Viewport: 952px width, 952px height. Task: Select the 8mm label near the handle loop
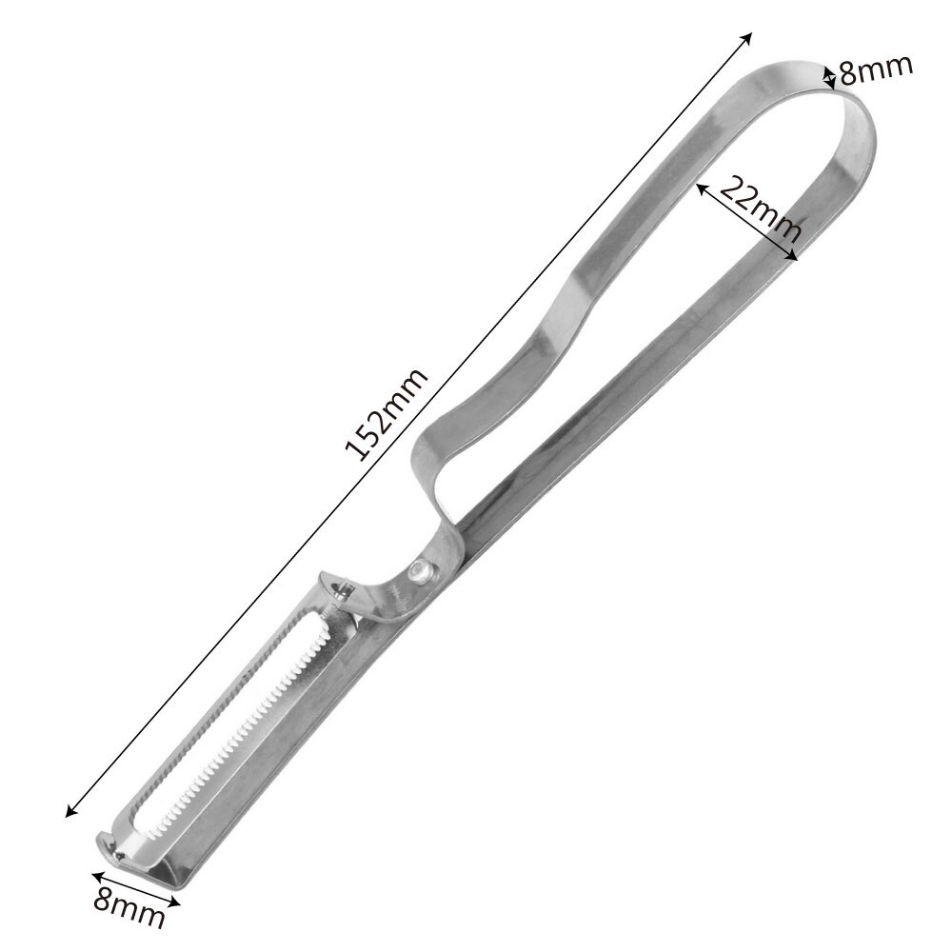(876, 69)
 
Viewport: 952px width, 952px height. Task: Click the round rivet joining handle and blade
(419, 570)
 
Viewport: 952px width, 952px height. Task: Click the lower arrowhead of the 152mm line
(68, 813)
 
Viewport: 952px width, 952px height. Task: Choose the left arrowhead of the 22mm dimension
(701, 188)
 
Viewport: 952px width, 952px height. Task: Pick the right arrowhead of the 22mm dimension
(796, 256)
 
